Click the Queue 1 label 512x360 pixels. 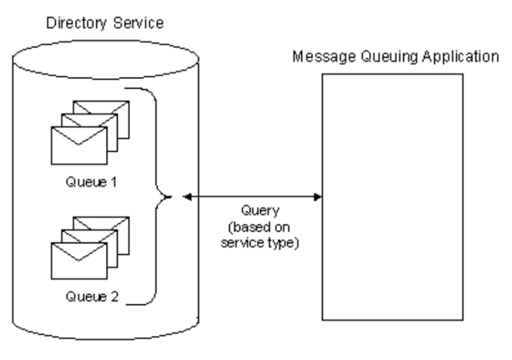tap(91, 181)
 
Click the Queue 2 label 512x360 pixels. tap(92, 297)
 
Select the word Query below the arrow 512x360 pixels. tap(260, 211)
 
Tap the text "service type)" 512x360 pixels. tap(260, 242)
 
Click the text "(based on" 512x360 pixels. tap(260, 227)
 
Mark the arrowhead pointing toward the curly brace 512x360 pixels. tap(187, 197)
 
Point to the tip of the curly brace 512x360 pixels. tap(170, 197)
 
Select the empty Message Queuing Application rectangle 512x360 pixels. tap(392, 197)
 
